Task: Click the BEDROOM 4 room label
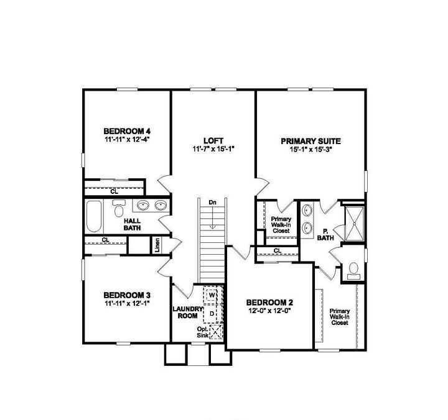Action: point(127,131)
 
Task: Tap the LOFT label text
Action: point(213,140)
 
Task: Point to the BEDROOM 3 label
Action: point(127,295)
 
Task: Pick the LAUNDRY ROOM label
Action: point(187,312)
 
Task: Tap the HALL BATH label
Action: point(132,224)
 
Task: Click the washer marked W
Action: point(212,296)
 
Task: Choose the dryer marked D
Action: point(212,314)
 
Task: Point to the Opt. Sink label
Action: point(203,332)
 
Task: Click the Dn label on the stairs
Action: point(212,202)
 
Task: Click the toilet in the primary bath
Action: point(353,268)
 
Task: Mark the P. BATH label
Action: point(325,234)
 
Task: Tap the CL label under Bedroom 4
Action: point(114,191)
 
